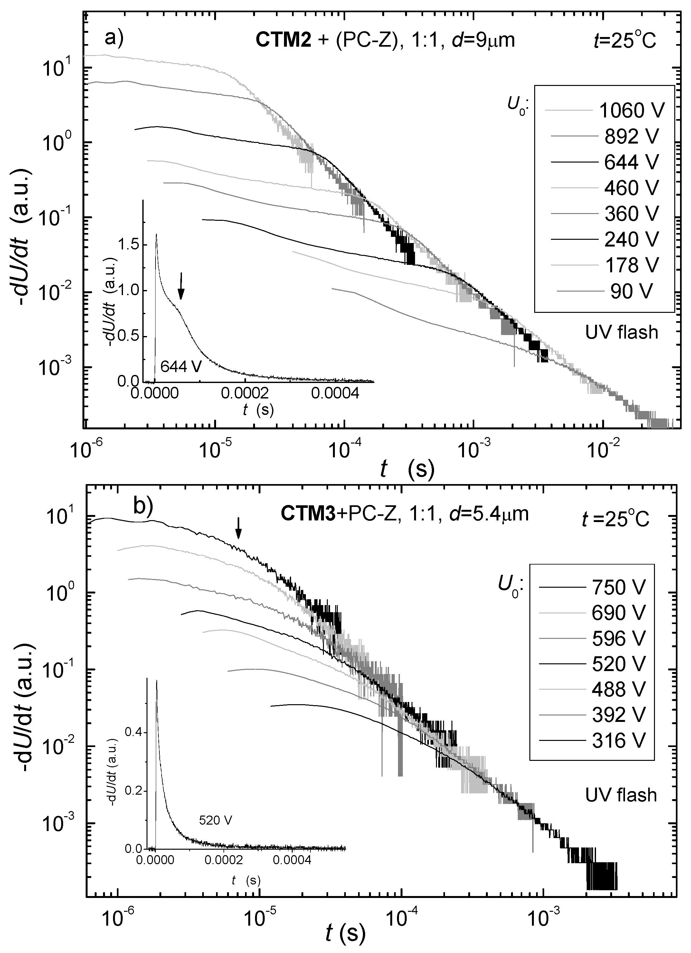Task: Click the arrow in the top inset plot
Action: tap(181, 286)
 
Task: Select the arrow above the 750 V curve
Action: tap(238, 527)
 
